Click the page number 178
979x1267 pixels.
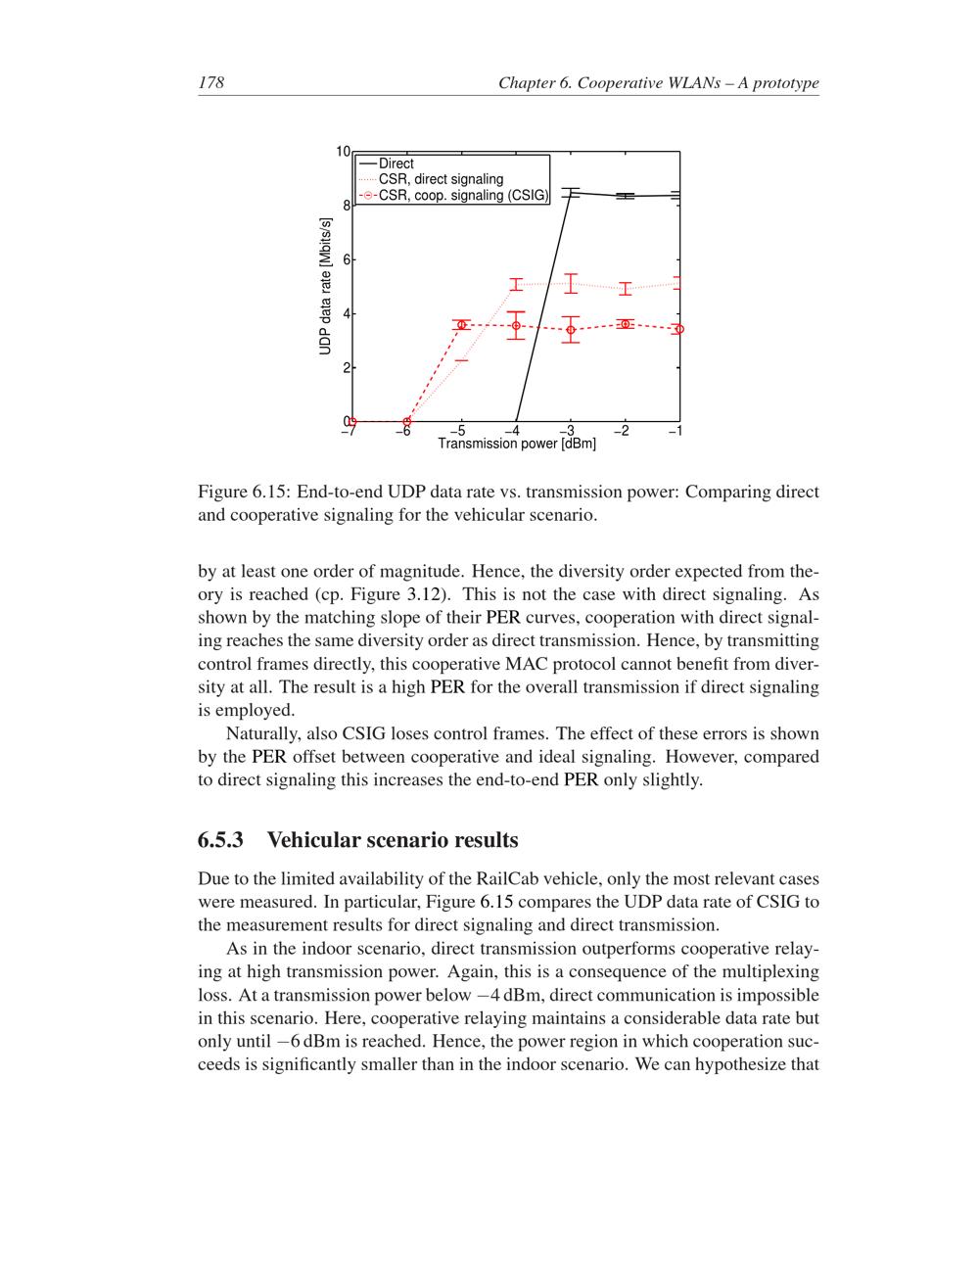210,83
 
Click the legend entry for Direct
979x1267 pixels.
396,164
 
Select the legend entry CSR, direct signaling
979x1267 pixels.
441,179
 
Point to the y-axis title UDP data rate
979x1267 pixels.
326,287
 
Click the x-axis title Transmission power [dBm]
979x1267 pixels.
516,445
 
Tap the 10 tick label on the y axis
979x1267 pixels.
343,152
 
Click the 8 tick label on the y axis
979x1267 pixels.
346,206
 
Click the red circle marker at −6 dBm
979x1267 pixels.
407,422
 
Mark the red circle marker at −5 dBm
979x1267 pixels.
462,324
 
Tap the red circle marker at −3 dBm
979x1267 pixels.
571,329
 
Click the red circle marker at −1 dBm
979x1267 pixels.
679,329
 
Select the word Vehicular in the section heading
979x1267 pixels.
313,840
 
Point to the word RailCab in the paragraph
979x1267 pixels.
504,878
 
